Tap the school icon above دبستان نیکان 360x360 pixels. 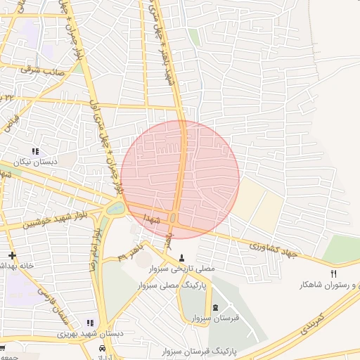pyautogui.click(x=35, y=151)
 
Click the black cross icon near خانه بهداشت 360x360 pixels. pyautogui.click(x=11, y=255)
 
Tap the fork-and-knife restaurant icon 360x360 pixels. pyautogui.click(x=333, y=273)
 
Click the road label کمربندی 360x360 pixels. pyautogui.click(x=310, y=323)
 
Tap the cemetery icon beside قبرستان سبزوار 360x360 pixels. pyautogui.click(x=215, y=308)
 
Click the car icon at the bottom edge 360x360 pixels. pyautogui.click(x=103, y=349)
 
